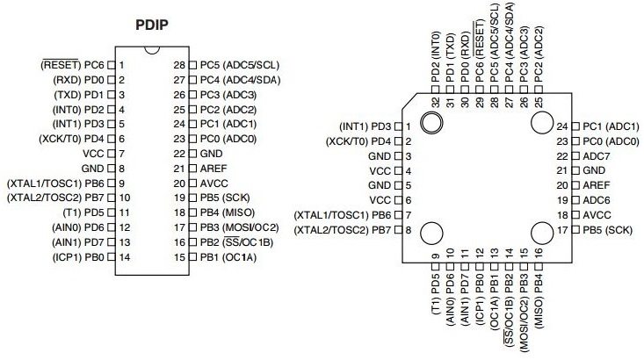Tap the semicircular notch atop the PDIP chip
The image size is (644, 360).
(152, 55)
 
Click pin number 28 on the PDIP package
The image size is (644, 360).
(179, 64)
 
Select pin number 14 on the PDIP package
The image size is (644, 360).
(124, 257)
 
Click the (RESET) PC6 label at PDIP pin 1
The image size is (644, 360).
(73, 64)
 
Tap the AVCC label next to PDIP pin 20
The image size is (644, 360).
(213, 183)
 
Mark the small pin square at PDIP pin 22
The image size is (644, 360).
(193, 153)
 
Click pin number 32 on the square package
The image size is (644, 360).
(435, 102)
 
